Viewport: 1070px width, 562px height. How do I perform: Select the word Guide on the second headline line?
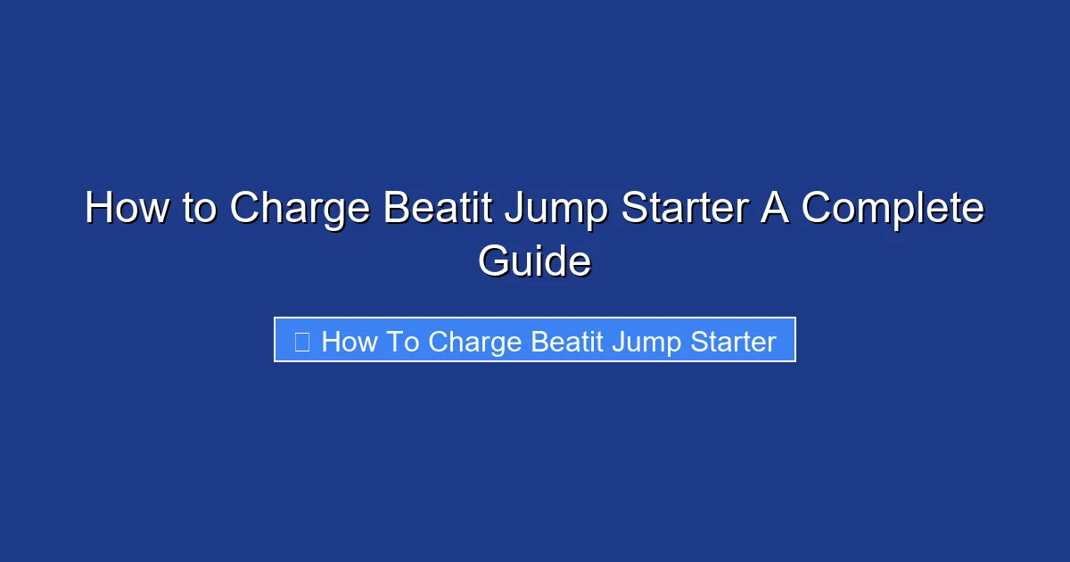(x=534, y=262)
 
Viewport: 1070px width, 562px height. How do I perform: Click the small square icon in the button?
(x=302, y=341)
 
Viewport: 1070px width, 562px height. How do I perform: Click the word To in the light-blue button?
(x=403, y=342)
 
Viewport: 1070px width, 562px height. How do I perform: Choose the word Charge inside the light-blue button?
(x=475, y=343)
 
